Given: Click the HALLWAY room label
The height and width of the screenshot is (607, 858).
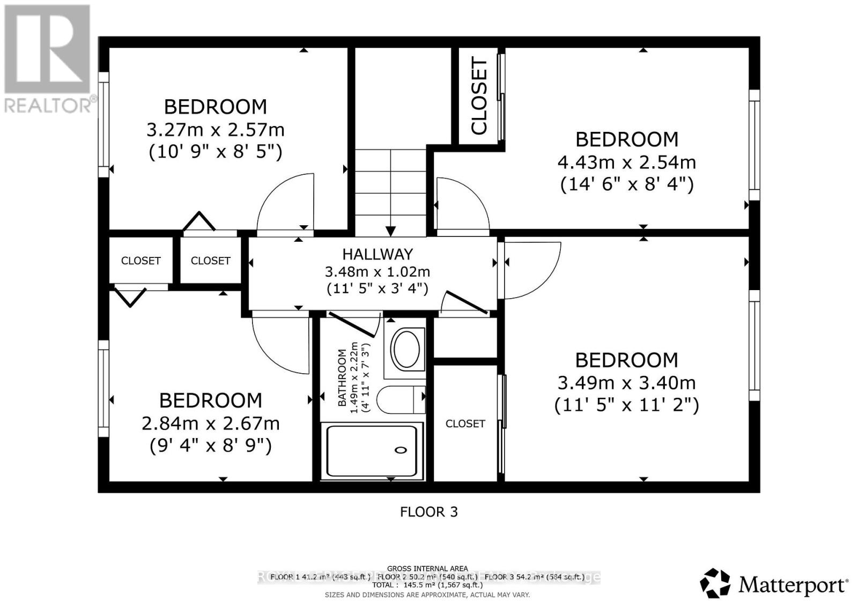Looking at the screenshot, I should coord(378,254).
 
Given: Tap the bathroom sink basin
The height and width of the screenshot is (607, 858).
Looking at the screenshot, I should coord(406,349).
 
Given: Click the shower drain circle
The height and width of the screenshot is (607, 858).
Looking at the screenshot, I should coord(401,450).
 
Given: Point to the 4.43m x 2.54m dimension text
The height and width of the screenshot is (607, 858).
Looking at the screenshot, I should coord(626,162).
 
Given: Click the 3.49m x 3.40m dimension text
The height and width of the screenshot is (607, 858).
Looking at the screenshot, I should coord(626,383).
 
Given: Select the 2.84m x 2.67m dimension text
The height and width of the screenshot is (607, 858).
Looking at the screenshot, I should coord(210,424).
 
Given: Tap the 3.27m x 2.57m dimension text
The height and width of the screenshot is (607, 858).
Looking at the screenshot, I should coord(215,130).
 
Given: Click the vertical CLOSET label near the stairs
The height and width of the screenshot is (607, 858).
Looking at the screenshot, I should coord(478,96).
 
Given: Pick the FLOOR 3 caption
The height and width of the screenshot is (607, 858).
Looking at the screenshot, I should coord(428,512).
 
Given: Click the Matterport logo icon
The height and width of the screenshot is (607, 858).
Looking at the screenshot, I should coord(715,583).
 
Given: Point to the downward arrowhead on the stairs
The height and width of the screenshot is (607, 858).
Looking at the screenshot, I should coord(390,231).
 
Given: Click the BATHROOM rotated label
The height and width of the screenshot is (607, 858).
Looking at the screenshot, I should coord(342,377).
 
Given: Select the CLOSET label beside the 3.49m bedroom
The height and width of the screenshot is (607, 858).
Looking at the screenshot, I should coord(465,424).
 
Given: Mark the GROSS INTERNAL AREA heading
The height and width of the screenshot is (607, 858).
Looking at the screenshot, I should coord(427,568).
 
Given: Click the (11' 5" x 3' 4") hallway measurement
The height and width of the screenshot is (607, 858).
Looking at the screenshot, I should coord(378,288).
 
